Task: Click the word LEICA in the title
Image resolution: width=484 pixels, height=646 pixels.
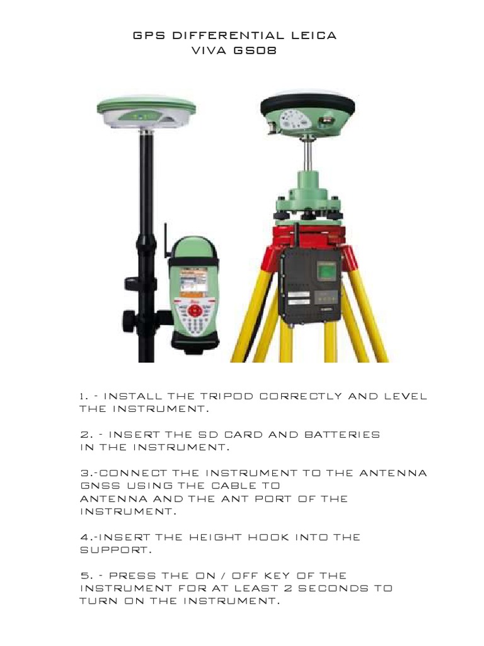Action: click(x=314, y=36)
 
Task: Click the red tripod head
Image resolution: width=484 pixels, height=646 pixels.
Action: click(x=308, y=237)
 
